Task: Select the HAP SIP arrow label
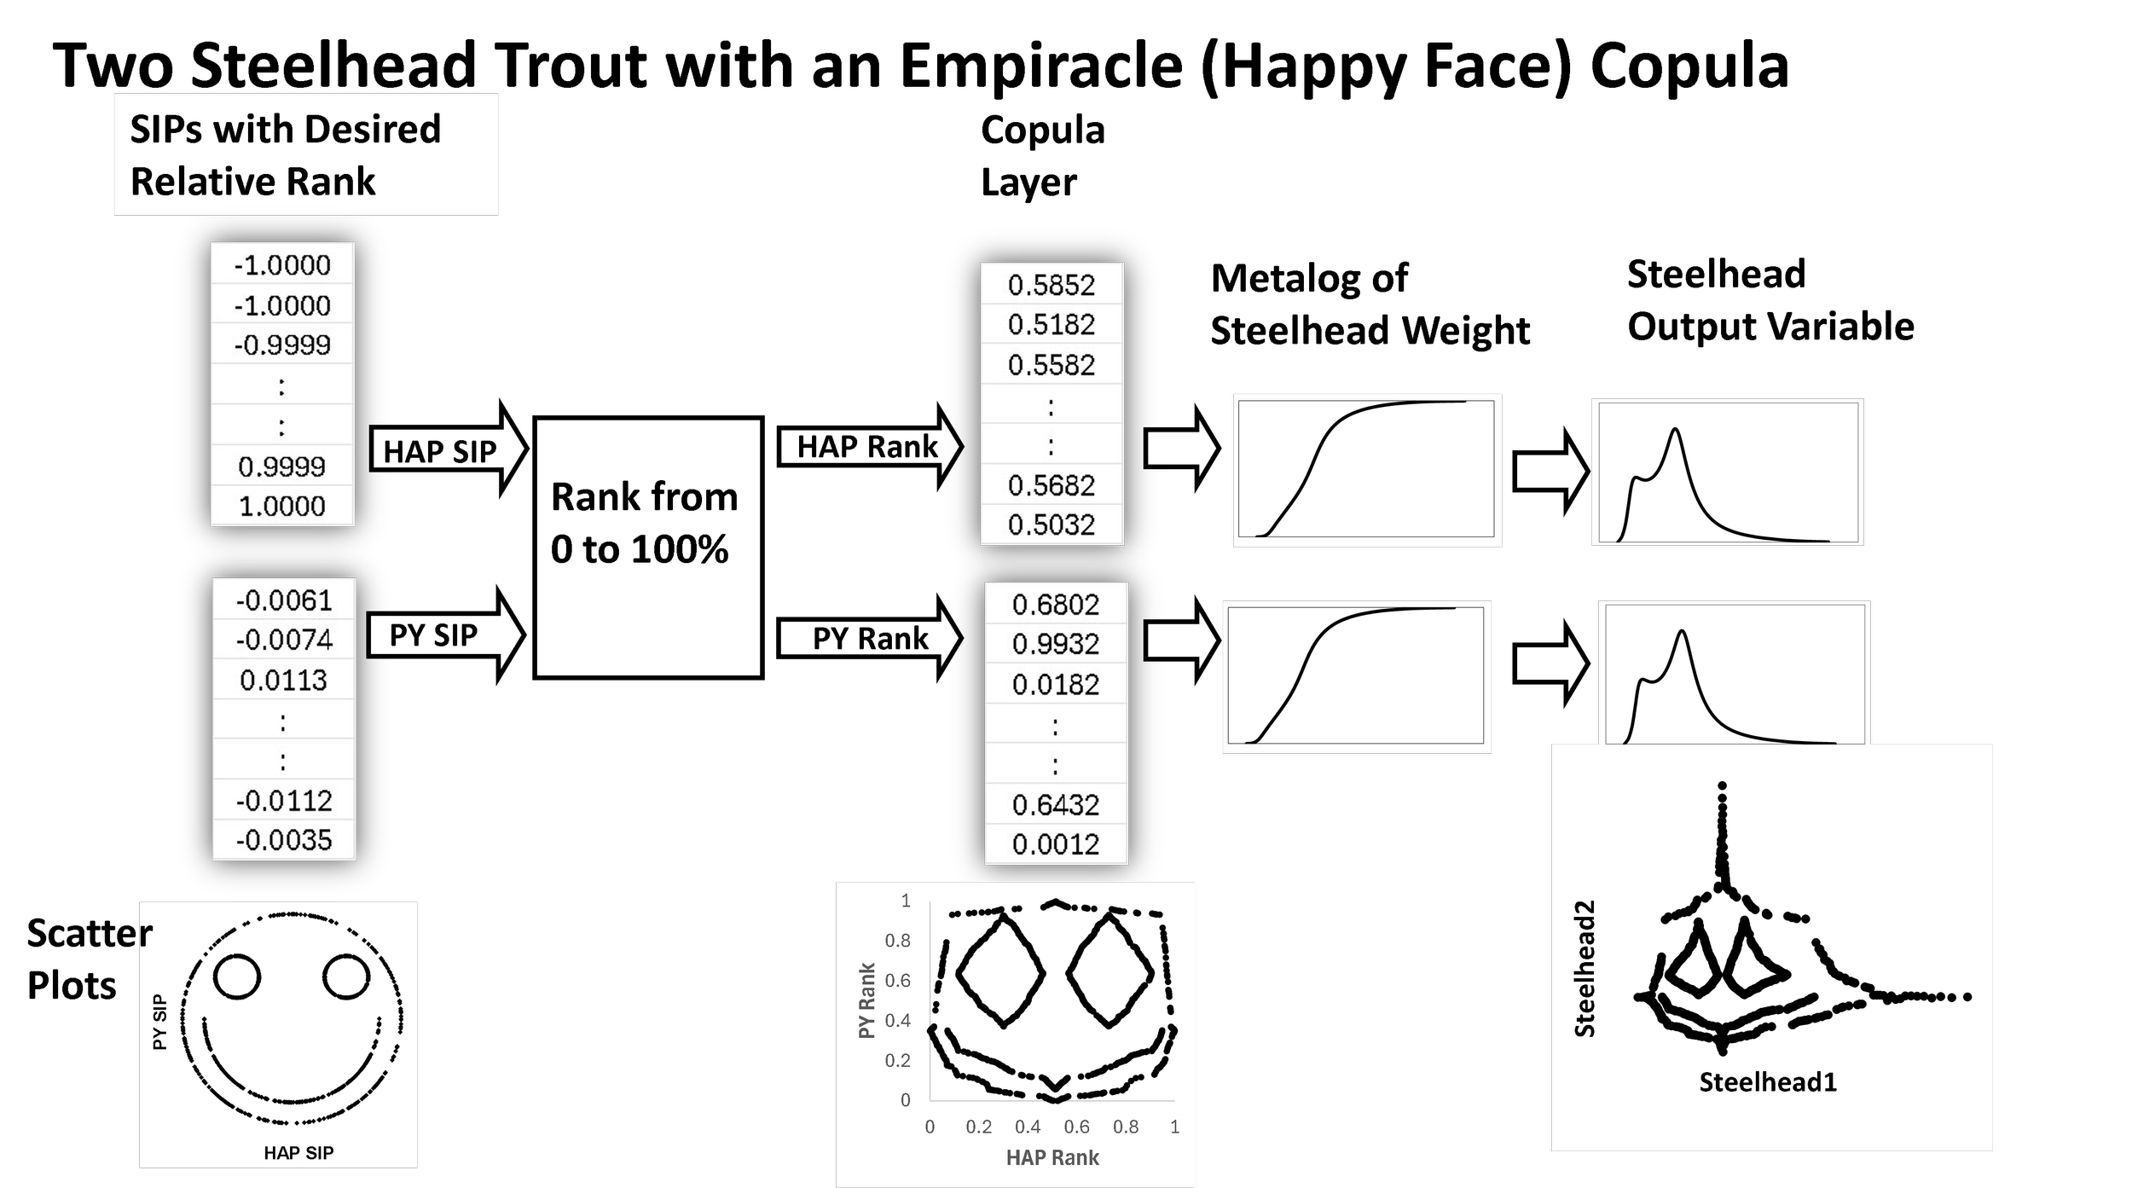[x=440, y=451]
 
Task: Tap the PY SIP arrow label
[x=434, y=635]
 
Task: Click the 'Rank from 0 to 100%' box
[x=647, y=547]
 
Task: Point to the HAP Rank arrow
[x=867, y=446]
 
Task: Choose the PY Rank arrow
[x=870, y=638]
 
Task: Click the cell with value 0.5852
[x=1052, y=285]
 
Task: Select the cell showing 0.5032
[x=1052, y=524]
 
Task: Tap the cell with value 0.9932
[x=1056, y=644]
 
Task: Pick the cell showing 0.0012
[x=1056, y=844]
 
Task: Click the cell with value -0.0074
[x=284, y=640]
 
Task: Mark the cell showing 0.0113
[x=284, y=680]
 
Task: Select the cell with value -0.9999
[x=282, y=345]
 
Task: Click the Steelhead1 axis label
[x=1768, y=1082]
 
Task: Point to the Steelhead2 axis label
[x=1585, y=969]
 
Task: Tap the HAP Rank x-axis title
[x=1052, y=1157]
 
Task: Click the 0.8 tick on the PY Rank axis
[x=898, y=941]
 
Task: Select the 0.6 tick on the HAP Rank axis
[x=1077, y=1127]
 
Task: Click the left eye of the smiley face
[x=237, y=976]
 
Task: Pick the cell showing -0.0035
[x=284, y=840]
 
